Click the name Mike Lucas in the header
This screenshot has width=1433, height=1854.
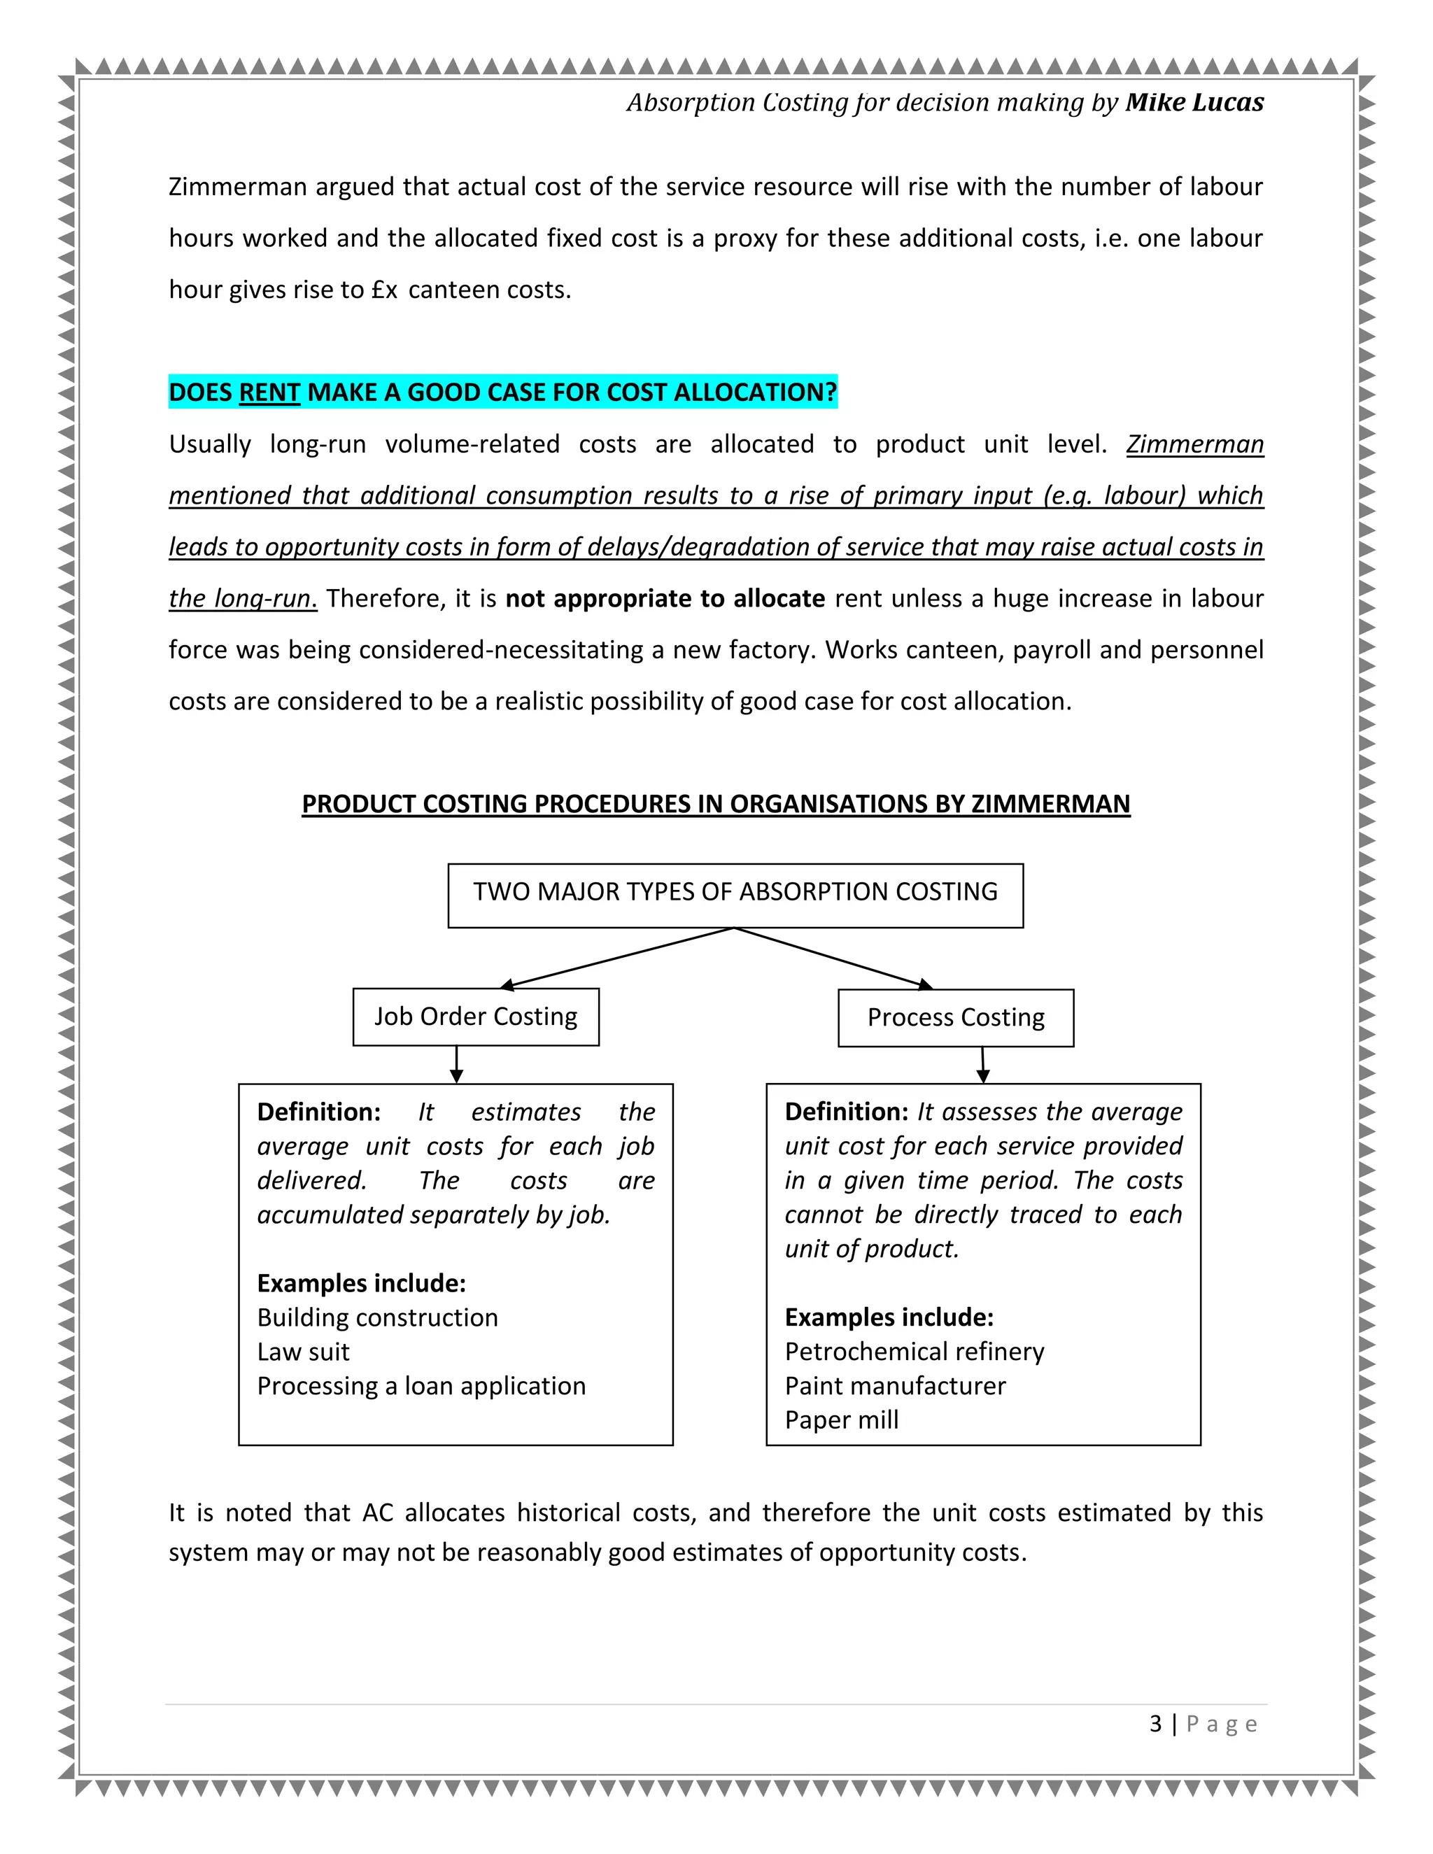point(1194,103)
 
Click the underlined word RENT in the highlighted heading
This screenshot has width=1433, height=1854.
point(269,392)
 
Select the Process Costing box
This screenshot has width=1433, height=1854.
point(955,1017)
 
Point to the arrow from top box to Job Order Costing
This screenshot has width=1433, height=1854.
point(617,958)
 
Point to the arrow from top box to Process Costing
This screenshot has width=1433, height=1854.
point(833,958)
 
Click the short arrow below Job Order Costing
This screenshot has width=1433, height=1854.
point(457,1065)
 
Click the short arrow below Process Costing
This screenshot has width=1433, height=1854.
point(983,1066)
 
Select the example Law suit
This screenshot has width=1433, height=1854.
point(303,1352)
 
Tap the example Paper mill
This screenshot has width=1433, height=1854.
point(841,1420)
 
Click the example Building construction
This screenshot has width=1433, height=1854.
point(377,1317)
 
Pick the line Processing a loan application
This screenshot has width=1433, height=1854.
point(421,1385)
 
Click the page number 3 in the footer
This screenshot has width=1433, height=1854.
point(1155,1724)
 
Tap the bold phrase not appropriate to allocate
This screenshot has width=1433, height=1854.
point(665,598)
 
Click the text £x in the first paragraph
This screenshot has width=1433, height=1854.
point(385,290)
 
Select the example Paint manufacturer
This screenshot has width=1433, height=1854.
point(895,1385)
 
